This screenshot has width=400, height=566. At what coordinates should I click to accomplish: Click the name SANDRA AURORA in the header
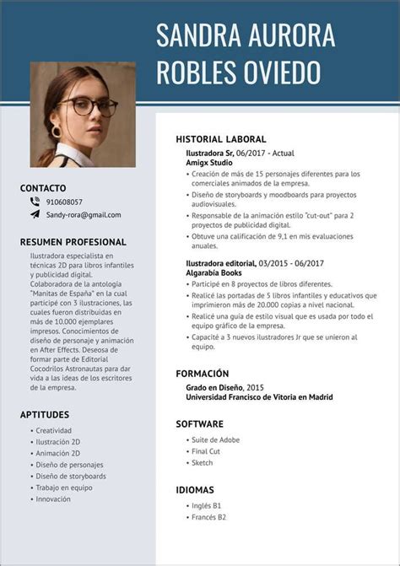coord(246,35)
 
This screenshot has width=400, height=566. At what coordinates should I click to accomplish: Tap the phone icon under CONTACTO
coord(35,202)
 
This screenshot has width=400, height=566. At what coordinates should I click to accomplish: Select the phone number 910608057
coord(64,202)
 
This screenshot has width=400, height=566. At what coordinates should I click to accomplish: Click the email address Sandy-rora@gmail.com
coord(84,215)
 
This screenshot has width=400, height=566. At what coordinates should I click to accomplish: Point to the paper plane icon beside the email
coord(35,214)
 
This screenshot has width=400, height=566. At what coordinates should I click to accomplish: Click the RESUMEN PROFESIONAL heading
coord(73,242)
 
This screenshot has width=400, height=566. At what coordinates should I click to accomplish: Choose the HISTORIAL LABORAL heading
coord(221,139)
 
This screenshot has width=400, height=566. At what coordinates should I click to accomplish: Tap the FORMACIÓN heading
coord(203,374)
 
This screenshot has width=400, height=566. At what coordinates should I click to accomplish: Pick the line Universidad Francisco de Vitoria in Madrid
coord(259,397)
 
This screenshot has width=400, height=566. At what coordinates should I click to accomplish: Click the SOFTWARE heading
coord(200,423)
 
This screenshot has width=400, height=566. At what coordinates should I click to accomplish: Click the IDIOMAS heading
coord(195,489)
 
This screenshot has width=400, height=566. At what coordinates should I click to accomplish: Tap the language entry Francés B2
coord(209,517)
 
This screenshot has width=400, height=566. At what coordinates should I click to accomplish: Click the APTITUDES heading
coord(45,414)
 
